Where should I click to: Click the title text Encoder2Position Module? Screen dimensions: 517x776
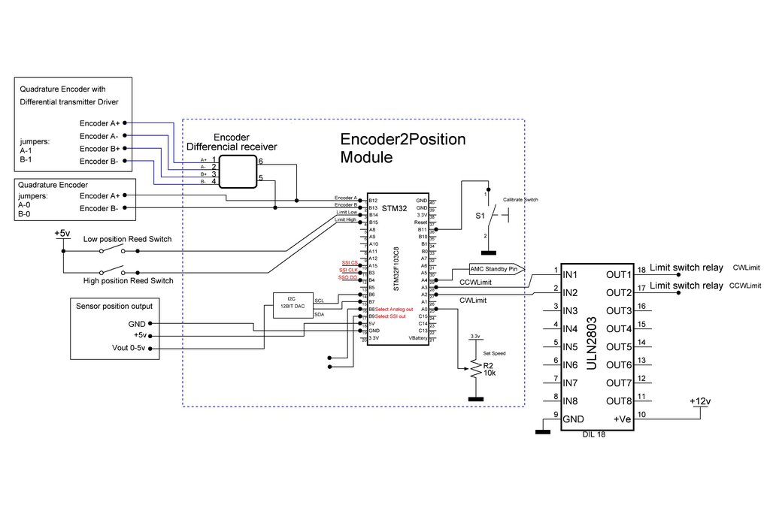pyautogui.click(x=403, y=148)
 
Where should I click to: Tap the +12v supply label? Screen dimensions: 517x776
pyautogui.click(x=699, y=401)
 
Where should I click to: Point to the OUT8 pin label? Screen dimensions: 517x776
pyautogui.click(x=620, y=401)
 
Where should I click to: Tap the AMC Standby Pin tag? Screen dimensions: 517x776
pyautogui.click(x=494, y=268)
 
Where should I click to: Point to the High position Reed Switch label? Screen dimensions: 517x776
pyautogui.click(x=128, y=280)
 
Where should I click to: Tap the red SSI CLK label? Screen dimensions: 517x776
pyautogui.click(x=347, y=270)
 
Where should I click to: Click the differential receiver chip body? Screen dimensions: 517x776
pyautogui.click(x=237, y=171)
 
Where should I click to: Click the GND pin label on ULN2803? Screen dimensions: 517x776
pyautogui.click(x=573, y=419)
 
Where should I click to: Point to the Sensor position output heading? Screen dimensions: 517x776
pyautogui.click(x=114, y=306)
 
